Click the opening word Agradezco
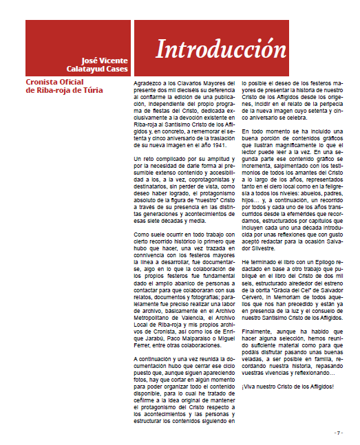(148, 83)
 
